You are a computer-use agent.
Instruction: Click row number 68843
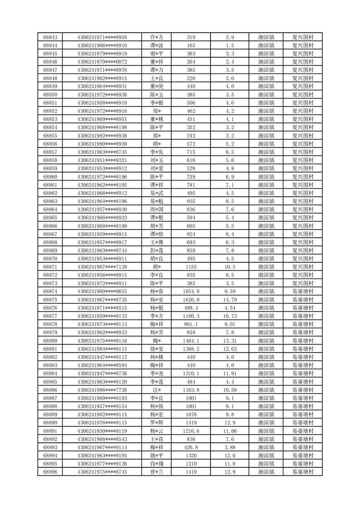click(50, 38)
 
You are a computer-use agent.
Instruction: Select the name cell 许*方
click(157, 38)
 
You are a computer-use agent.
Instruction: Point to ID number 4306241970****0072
click(102, 62)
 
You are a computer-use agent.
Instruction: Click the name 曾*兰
click(157, 472)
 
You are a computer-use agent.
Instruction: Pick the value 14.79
click(230, 299)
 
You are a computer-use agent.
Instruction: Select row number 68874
click(50, 291)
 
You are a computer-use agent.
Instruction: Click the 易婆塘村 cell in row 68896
click(303, 472)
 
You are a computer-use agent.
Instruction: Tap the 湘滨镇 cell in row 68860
click(266, 176)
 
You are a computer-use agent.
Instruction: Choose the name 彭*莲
click(157, 250)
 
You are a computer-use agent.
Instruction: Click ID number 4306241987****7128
click(102, 267)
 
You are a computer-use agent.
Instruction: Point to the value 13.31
click(230, 340)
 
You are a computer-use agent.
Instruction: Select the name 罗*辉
click(157, 423)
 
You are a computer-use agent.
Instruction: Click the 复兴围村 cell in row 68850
click(303, 95)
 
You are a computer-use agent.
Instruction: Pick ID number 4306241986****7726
click(102, 390)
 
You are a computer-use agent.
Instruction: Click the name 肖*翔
click(157, 464)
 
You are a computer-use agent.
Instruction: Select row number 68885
click(50, 382)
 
